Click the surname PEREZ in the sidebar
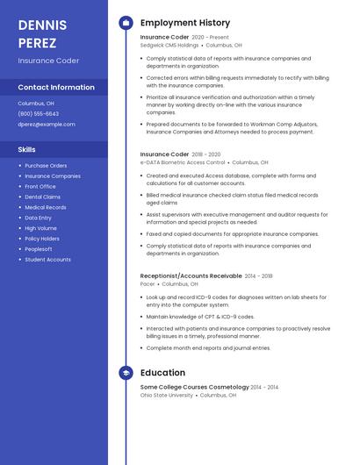37,42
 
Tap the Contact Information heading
56,87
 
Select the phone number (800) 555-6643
39,113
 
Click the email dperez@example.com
47,124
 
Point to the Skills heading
26,149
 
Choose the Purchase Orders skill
46,165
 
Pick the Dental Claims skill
43,197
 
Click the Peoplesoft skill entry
40,249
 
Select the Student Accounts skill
48,260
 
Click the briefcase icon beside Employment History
126,22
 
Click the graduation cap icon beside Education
126,373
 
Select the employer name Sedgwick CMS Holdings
169,45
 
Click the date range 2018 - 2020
206,154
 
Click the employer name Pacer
148,284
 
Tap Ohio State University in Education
167,395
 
